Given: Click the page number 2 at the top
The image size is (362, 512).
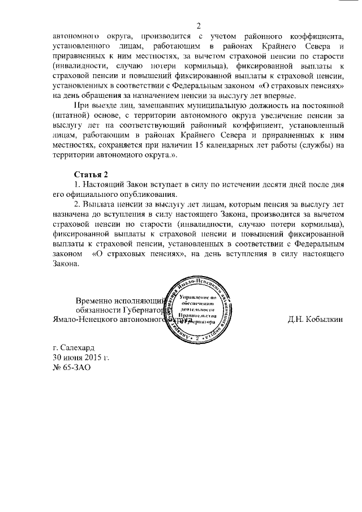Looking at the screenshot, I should click(199, 25).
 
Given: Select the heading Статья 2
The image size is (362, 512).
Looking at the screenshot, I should click(91, 173).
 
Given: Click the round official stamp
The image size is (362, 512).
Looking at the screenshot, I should click(197, 309).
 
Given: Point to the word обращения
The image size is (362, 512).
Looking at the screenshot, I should click(97, 97).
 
